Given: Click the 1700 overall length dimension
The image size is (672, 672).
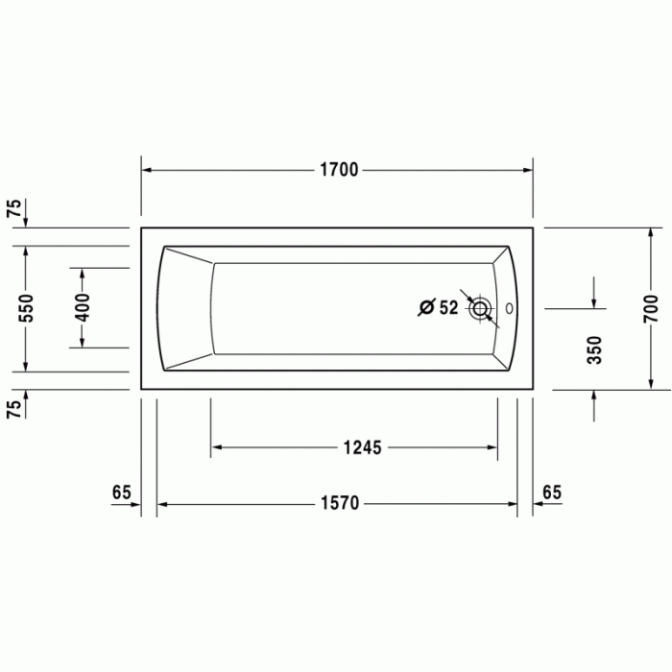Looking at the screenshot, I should [x=338, y=170].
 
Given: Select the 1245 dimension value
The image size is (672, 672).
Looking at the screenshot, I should [x=362, y=446].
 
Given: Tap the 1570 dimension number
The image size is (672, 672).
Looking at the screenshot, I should [x=338, y=504].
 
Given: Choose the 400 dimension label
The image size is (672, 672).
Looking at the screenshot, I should [x=83, y=307].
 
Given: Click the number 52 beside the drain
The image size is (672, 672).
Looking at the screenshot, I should [x=448, y=308].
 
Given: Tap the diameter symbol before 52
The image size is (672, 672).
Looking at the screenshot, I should [x=425, y=308].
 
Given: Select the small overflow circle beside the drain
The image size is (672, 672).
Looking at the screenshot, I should [x=509, y=309].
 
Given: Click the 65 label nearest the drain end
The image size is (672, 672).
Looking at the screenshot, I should [x=552, y=492].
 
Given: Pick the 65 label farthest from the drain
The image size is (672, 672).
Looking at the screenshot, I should [x=121, y=492].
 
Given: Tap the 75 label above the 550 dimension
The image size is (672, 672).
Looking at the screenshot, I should [x=13, y=211].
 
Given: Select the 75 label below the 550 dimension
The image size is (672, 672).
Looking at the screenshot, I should [x=13, y=408].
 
